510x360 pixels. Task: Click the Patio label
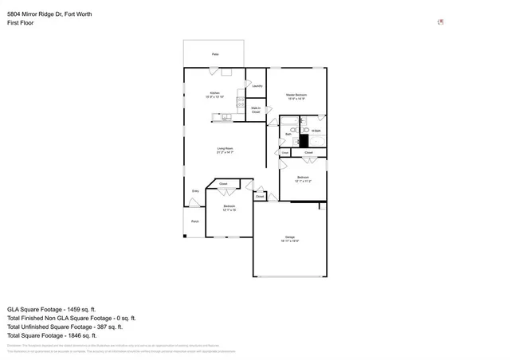[215, 54]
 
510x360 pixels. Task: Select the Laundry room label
[257, 85]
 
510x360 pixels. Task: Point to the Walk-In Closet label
[256, 110]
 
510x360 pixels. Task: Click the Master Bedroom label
[296, 96]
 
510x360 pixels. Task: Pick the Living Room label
[225, 149]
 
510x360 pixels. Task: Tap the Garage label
[290, 237]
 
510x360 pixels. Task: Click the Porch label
[194, 221]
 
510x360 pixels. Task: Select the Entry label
[195, 191]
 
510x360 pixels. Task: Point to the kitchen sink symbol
[226, 117]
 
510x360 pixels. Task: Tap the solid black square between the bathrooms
[304, 139]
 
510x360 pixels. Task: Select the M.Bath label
[316, 131]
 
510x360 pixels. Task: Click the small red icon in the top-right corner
[441, 22]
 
